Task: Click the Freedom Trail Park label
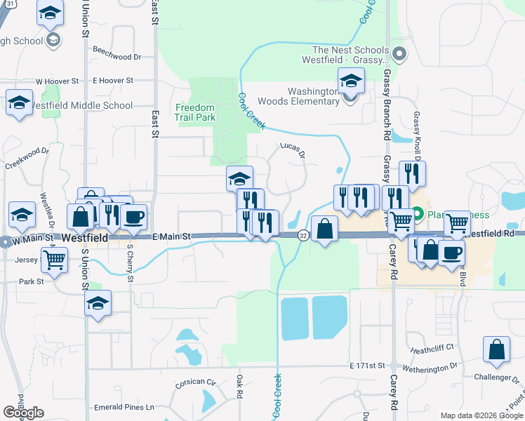pos(195,112)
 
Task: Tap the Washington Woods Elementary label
pos(314,96)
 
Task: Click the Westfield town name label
pos(84,239)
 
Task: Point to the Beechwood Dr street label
pos(117,57)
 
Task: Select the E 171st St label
pos(368,366)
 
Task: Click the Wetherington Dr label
pos(428,366)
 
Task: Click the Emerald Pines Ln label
pos(126,407)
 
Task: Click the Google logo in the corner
pos(23,413)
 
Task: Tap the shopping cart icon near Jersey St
pos(54,260)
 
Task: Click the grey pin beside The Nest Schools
pos(399,53)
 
